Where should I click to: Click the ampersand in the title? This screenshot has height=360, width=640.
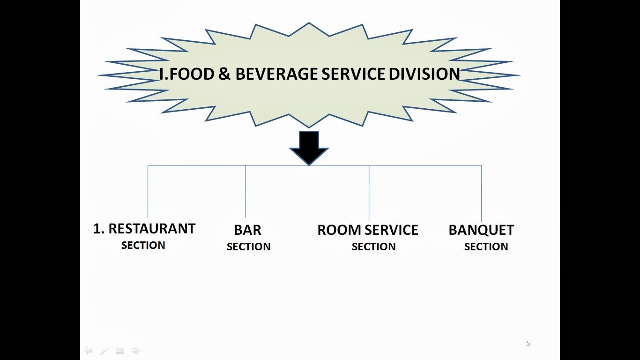pos(224,74)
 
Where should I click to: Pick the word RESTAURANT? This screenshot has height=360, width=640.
pos(151,229)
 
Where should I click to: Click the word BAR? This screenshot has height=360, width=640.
pos(247,230)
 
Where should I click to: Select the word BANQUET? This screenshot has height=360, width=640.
pos(481,230)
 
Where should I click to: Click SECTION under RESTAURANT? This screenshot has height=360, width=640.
pos(143,245)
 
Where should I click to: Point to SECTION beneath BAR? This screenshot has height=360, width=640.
pos(248,247)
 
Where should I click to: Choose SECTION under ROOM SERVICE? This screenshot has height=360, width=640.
pos(373,247)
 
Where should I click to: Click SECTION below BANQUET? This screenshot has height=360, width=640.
pos(486,247)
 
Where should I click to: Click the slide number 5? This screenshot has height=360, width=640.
pos(528,344)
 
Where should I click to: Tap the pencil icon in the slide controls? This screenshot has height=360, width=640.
pos(104,351)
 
